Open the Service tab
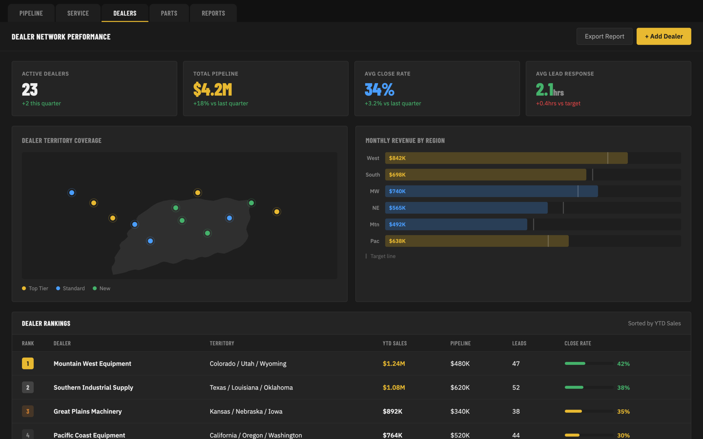point(78,13)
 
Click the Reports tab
point(213,13)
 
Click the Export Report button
point(604,36)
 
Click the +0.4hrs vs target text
point(558,103)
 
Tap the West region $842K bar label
point(397,158)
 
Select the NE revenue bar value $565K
point(397,208)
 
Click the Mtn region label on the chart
point(375,224)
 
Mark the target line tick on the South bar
point(593,175)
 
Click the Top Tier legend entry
point(35,288)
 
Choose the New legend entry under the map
point(101,288)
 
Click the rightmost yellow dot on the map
point(277,212)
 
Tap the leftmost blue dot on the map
point(72,193)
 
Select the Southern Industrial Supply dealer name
point(93,387)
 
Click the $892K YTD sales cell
point(392,411)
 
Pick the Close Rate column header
point(578,343)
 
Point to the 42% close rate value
point(623,364)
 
